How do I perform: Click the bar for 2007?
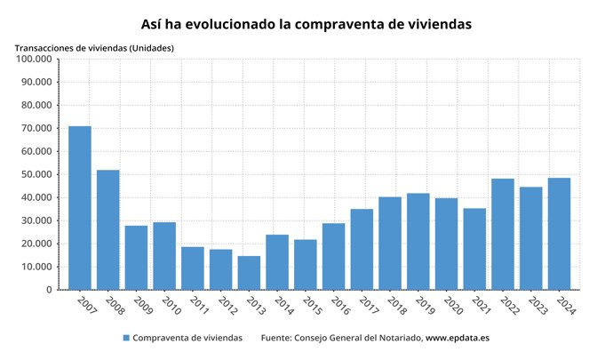(x=80, y=208)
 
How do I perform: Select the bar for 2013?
(x=249, y=273)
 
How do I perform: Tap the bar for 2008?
(x=107, y=229)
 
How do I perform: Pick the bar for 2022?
(x=503, y=234)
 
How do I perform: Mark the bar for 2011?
(x=193, y=268)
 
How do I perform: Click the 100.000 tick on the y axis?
(x=34, y=59)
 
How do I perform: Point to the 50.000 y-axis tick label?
(x=36, y=174)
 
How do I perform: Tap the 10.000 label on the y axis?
(x=36, y=267)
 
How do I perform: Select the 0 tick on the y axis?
(x=49, y=290)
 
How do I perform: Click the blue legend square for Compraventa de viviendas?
(x=126, y=338)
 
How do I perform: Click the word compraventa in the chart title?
(x=333, y=24)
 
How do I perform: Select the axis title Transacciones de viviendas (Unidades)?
(x=94, y=47)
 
